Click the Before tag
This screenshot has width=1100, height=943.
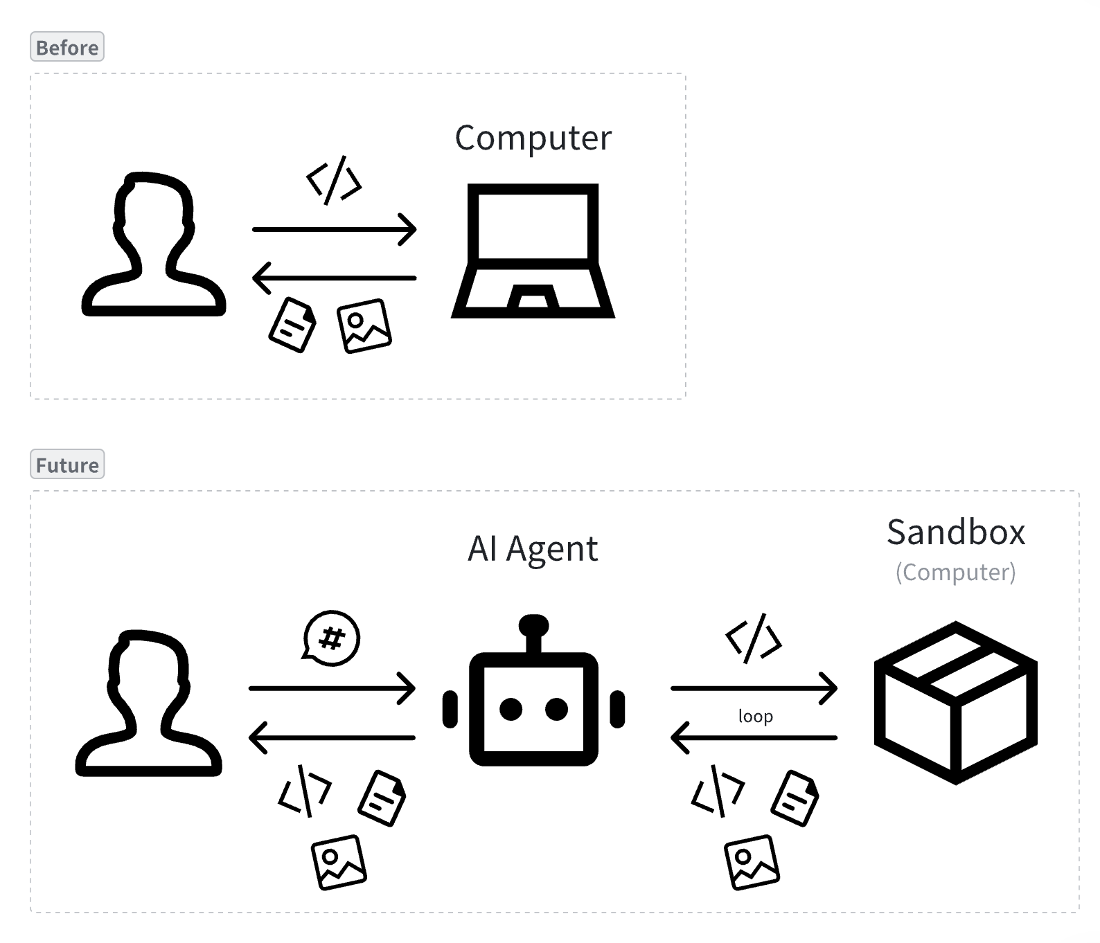[67, 47]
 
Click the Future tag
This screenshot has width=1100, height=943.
[67, 465]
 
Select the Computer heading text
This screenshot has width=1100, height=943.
[533, 138]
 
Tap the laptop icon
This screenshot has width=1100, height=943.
[533, 251]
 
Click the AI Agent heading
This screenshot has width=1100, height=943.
[532, 549]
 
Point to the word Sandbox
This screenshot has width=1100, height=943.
[955, 532]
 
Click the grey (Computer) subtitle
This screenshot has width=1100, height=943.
[955, 572]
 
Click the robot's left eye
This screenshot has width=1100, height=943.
[511, 709]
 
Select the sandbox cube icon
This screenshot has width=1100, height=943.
[955, 702]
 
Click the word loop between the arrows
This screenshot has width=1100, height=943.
[755, 716]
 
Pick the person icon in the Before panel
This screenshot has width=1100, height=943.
[154, 244]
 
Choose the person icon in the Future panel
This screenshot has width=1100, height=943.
[148, 703]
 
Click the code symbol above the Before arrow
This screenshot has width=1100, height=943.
[334, 181]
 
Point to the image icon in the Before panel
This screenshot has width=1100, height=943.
[364, 325]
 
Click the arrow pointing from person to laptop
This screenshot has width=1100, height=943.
[334, 229]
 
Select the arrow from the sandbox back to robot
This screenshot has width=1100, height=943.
[754, 737]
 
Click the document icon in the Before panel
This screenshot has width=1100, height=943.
[292, 325]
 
